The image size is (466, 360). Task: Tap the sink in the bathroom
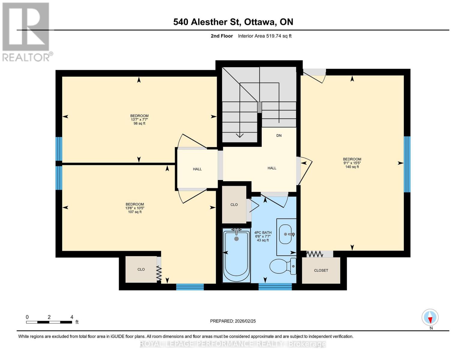[287, 234]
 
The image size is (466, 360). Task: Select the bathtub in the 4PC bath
[236, 256]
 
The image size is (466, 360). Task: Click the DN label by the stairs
[279, 136]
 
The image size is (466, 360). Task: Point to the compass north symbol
[430, 317]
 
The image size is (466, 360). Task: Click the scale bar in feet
[49, 322]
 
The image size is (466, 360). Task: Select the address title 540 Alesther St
[233, 22]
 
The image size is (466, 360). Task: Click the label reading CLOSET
[321, 270]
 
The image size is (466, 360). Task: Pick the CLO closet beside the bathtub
[234, 205]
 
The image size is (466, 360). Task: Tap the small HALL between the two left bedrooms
[197, 169]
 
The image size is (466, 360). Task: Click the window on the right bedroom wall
[407, 164]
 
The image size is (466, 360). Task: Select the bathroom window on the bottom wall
[275, 287]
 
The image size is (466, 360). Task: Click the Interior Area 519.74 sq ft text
[265, 36]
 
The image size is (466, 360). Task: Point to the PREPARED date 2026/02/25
[233, 321]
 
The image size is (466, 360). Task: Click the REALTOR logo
[26, 32]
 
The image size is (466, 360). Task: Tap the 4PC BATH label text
[263, 232]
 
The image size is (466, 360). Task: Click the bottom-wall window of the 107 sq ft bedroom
[190, 287]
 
